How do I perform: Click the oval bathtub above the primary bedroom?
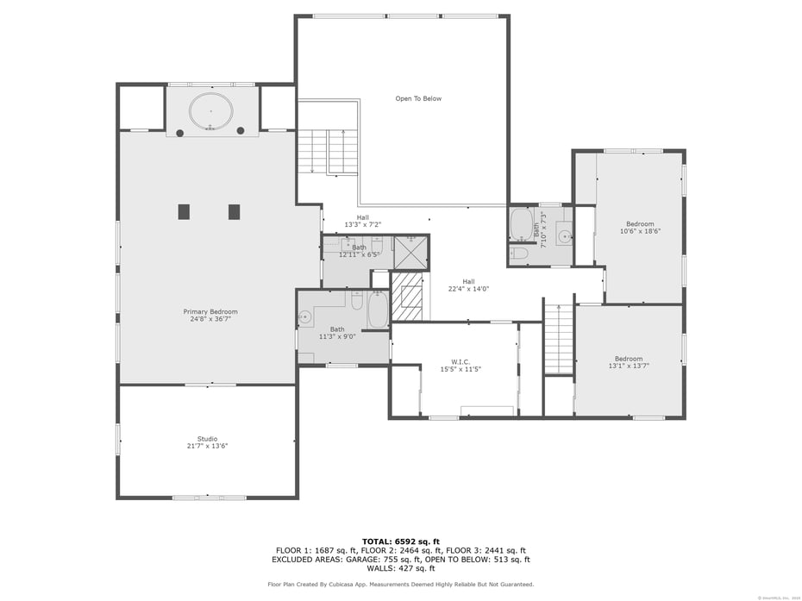tap(211, 111)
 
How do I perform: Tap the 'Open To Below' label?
tap(418, 98)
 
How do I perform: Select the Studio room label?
tap(207, 441)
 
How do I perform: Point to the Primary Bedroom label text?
tap(210, 315)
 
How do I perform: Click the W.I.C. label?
tap(461, 365)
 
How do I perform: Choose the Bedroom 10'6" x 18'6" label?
tap(640, 228)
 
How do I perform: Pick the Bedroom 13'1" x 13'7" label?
tap(629, 362)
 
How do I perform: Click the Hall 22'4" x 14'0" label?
tap(468, 285)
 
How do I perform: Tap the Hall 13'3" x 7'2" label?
tap(362, 221)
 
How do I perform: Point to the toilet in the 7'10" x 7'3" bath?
tap(519, 254)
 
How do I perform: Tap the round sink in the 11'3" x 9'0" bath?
tap(305, 317)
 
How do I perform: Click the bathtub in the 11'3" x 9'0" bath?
tap(378, 310)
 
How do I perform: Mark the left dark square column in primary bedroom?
tap(184, 211)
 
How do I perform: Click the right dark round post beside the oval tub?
tap(241, 131)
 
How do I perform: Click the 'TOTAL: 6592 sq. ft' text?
tap(400, 541)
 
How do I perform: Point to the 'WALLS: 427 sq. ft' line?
tap(400, 568)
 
